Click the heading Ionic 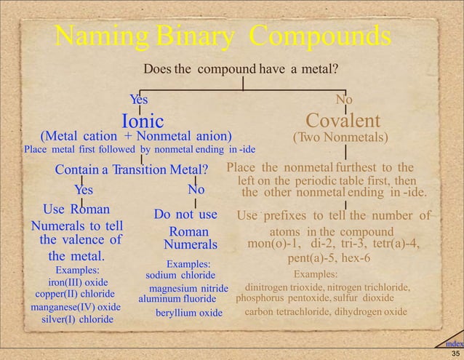(x=141, y=119)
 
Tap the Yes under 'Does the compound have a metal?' (x=139, y=99)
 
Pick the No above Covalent (x=344, y=99)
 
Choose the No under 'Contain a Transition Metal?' (x=196, y=190)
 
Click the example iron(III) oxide (x=78, y=282)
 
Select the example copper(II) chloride (x=76, y=294)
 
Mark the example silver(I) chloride (x=77, y=319)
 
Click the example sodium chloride (x=180, y=275)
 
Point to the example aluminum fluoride (x=177, y=299)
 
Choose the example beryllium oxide (x=188, y=313)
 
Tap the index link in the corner (x=453, y=343)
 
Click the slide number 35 (x=455, y=353)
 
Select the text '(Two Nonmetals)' (x=340, y=136)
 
